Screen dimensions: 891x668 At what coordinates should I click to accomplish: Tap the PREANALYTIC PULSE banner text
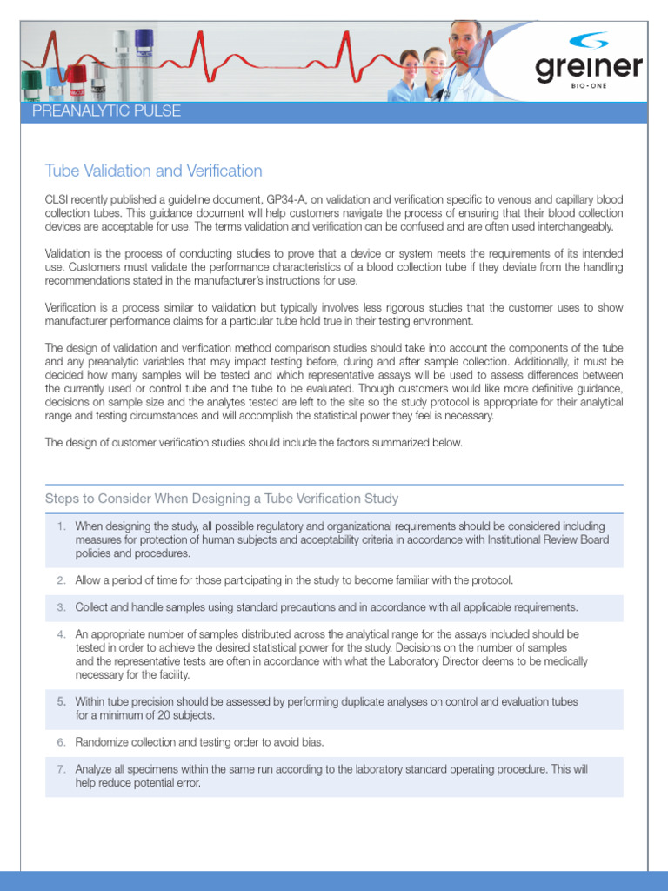pos(106,111)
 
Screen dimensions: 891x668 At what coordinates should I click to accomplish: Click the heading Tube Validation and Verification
pos(153,171)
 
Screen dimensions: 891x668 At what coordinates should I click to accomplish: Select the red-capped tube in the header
pos(77,76)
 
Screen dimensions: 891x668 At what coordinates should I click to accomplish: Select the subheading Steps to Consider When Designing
pos(221,499)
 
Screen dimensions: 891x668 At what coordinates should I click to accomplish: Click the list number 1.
pos(61,526)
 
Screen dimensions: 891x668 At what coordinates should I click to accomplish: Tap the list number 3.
pos(61,607)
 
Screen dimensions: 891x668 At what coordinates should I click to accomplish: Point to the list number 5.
pos(61,701)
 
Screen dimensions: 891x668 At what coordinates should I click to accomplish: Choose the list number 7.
pos(61,769)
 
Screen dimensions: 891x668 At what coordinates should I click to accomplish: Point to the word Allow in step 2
pos(90,580)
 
